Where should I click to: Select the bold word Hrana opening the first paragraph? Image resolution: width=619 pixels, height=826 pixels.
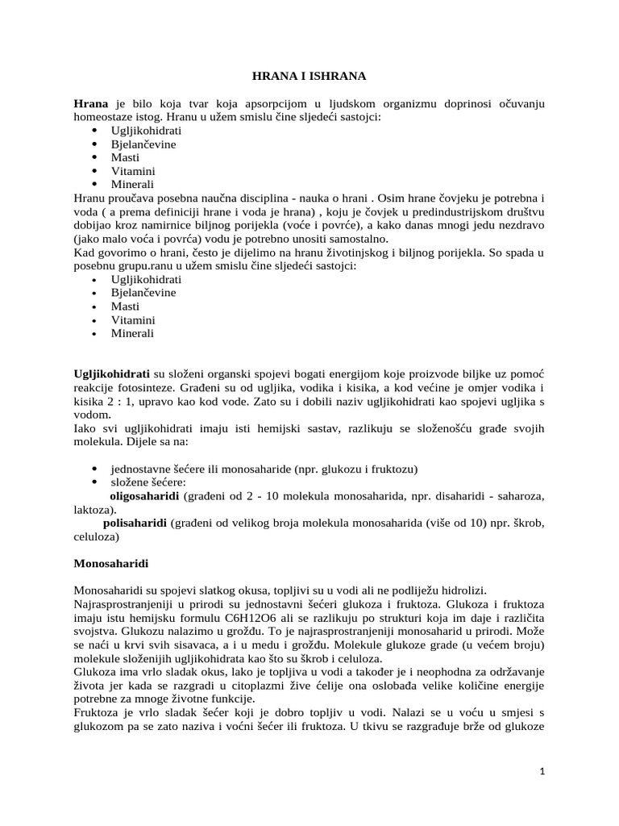[x=90, y=103]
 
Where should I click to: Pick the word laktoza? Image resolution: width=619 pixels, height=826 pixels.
[x=92, y=511]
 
